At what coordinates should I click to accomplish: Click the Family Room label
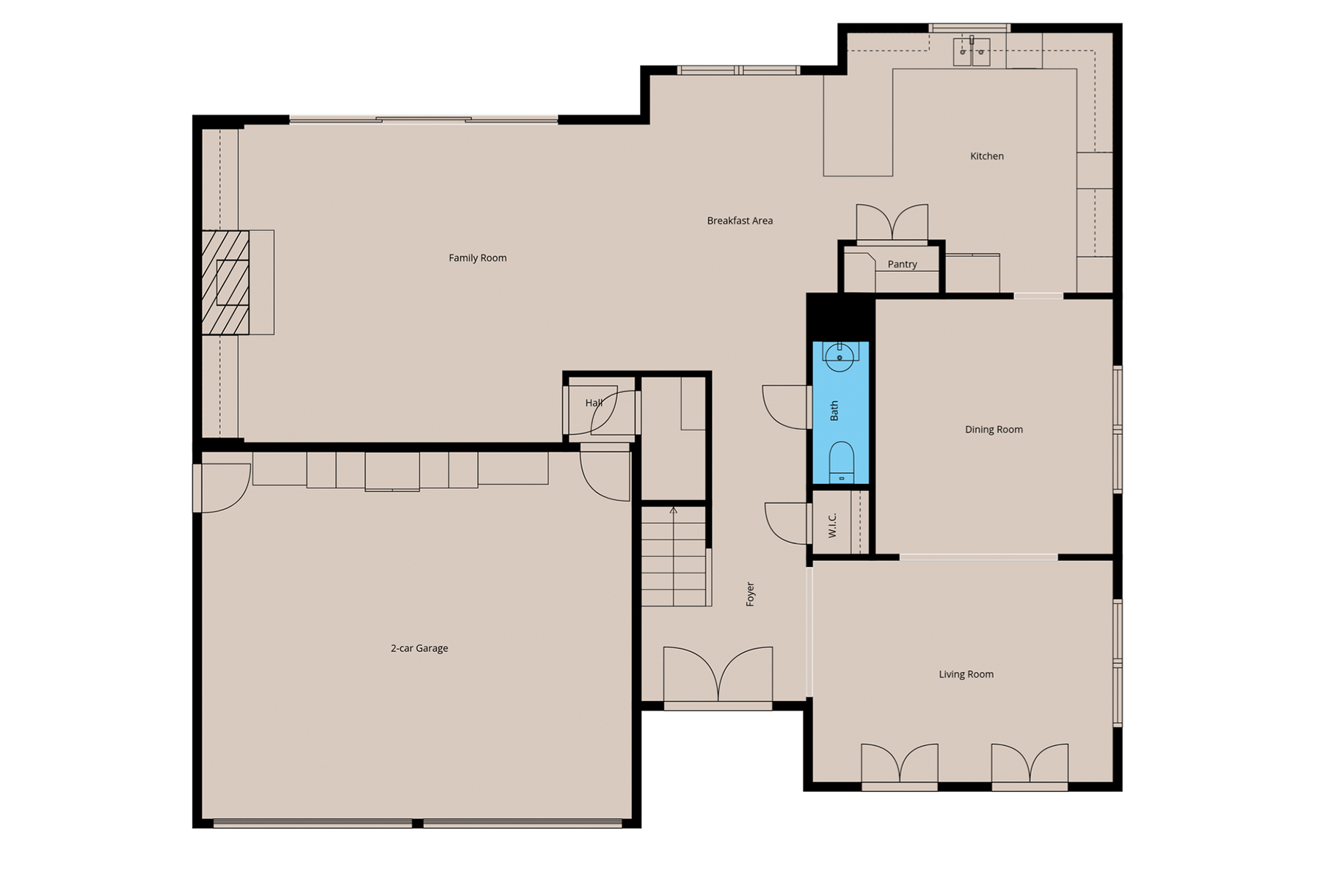coord(478,258)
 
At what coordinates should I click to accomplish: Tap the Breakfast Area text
coord(740,221)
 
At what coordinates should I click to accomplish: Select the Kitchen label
coord(986,156)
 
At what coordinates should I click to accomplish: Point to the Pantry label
coord(902,265)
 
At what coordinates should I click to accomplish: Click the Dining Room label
coord(994,430)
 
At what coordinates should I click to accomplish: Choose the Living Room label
coord(966,675)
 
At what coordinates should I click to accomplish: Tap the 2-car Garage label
coord(419,648)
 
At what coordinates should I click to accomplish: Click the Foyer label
coord(750,594)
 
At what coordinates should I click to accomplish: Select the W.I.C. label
coord(833,525)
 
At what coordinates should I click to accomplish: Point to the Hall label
coord(594,403)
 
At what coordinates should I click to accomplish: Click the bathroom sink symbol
coord(840,357)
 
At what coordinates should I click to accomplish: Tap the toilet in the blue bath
coord(841,462)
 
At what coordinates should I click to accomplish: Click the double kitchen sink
coord(972,52)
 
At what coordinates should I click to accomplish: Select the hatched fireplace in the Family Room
coord(225,282)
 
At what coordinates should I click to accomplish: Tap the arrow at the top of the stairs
coord(674,510)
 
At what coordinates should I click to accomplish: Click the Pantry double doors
coord(892,223)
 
